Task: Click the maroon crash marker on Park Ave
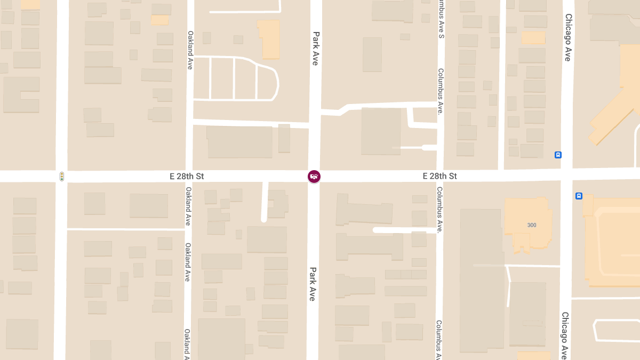pos(314,176)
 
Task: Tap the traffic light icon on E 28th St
pos(62,176)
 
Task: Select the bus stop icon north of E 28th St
pos(558,155)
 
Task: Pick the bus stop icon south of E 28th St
pos(579,196)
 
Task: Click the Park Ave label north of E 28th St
pos(315,48)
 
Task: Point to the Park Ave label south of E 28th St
pos(313,284)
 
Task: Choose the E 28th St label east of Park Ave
pos(439,176)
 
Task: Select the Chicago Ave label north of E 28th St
pos(567,37)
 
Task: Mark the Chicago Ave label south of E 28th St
pos(565,335)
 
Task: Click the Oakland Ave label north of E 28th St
pos(190,50)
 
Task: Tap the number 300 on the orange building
pos(532,225)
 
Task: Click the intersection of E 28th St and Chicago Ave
pos(566,175)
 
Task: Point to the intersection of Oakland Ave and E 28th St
pos(189,176)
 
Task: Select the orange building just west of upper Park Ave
pos(269,38)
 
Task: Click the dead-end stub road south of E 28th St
pos(264,203)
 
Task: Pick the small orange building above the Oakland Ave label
pos(159,20)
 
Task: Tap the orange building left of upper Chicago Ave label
pos(533,38)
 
